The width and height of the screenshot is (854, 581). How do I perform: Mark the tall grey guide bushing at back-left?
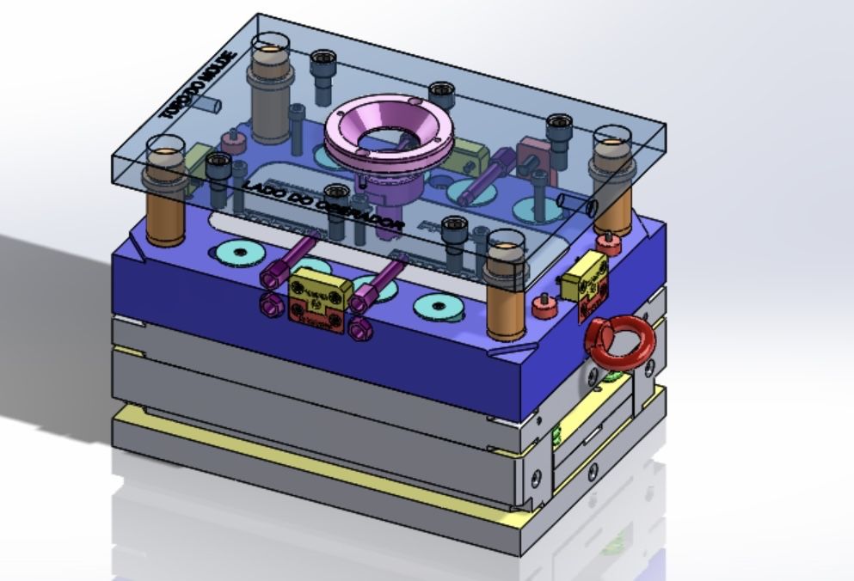tap(270, 95)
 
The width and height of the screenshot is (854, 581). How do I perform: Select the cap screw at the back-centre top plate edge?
tap(441, 92)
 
